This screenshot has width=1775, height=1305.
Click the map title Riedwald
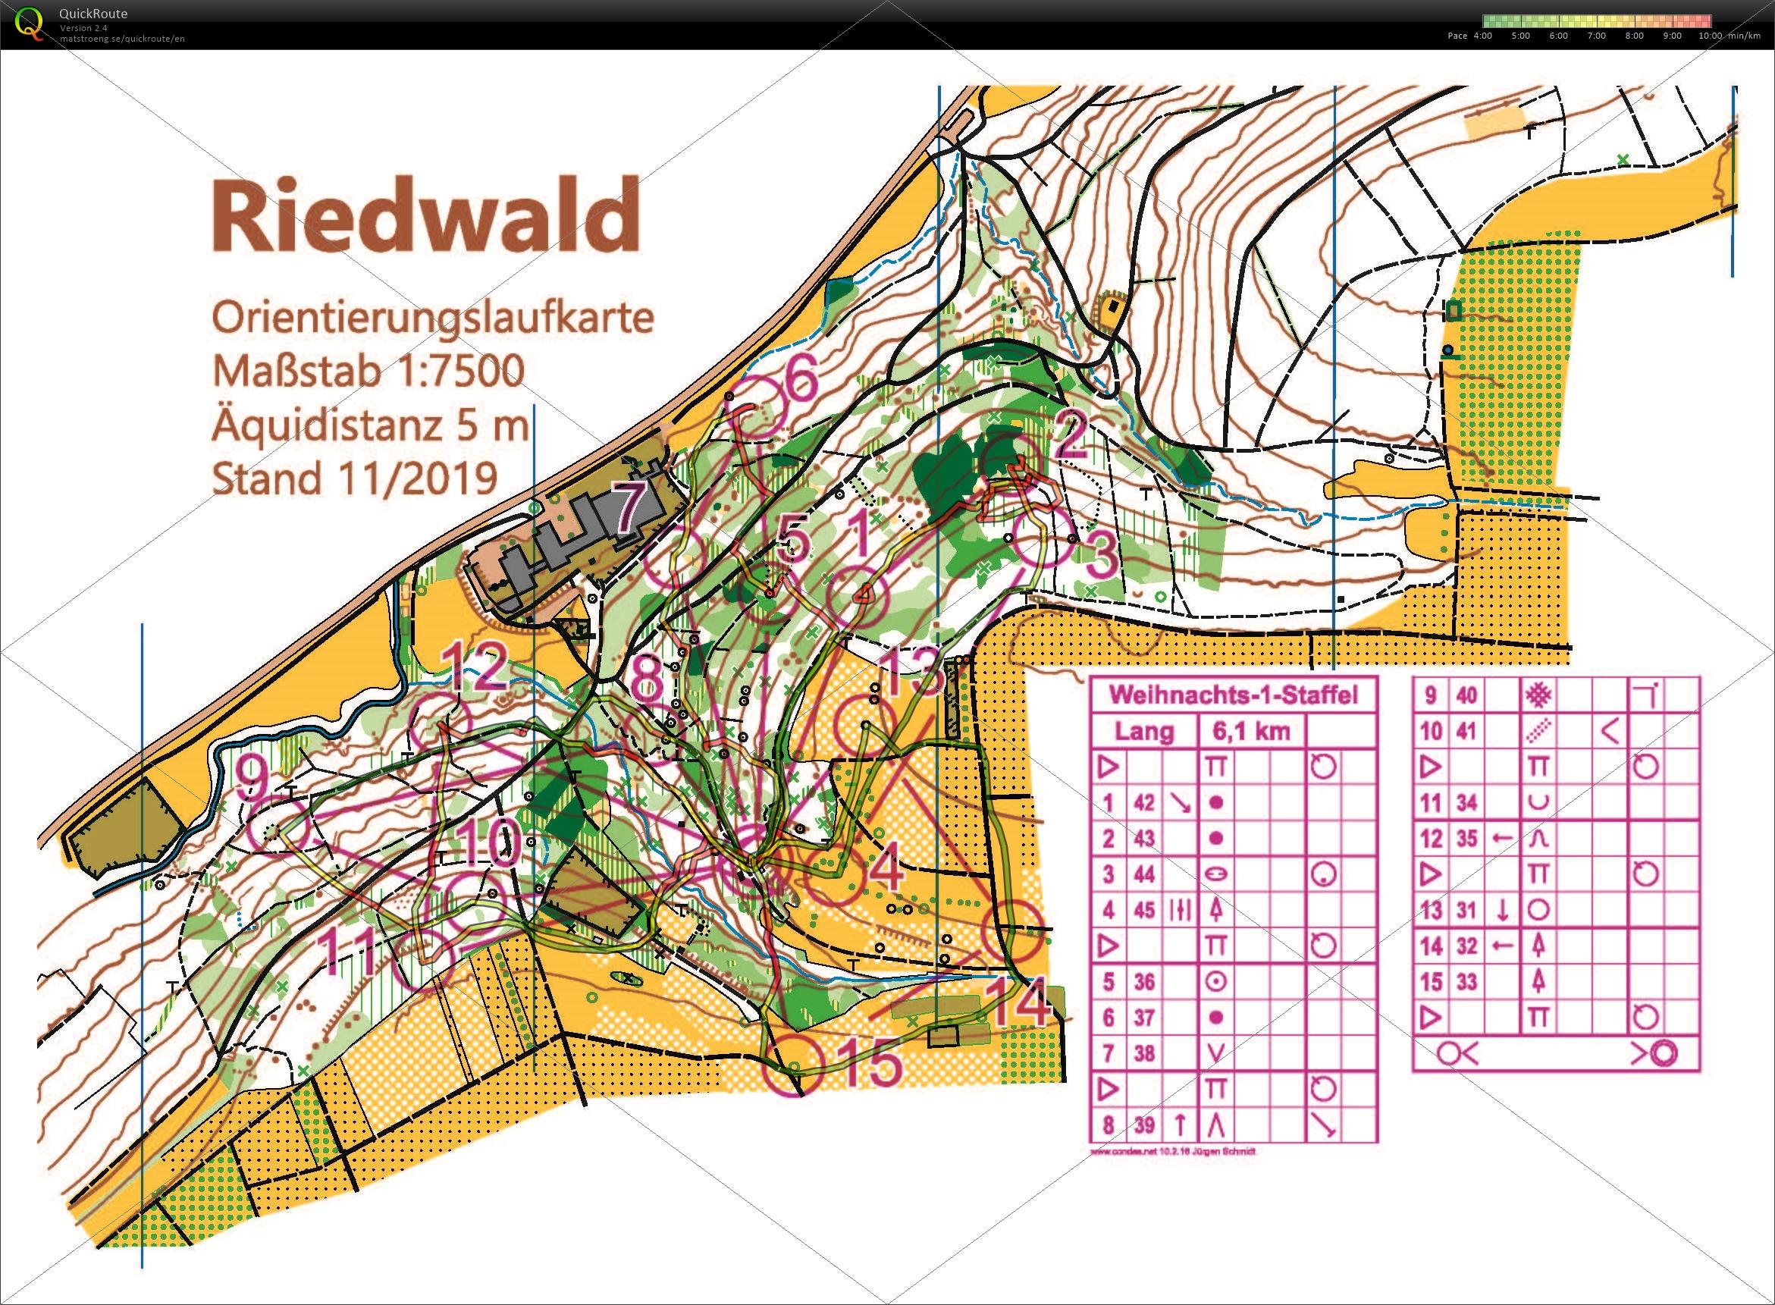click(x=425, y=215)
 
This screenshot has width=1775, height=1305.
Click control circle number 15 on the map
click(x=793, y=1065)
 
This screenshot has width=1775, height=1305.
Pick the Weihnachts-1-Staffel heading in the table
click(x=1233, y=695)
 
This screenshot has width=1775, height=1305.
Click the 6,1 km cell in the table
click(x=1251, y=732)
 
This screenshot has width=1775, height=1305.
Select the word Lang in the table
click(x=1144, y=732)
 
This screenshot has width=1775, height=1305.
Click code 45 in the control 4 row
click(x=1144, y=911)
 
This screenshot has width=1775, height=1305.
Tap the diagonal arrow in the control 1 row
click(x=1180, y=803)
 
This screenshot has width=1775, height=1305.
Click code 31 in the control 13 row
click(x=1466, y=910)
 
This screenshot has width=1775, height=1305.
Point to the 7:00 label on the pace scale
click(x=1596, y=36)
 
